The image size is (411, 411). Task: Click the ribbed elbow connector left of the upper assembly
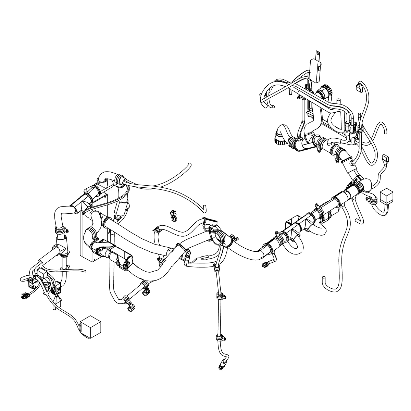[x=280, y=136]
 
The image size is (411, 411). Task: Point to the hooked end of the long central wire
[x=204, y=207]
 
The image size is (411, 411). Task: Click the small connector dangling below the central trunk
[x=265, y=264]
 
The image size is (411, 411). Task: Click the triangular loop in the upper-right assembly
[x=334, y=120]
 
